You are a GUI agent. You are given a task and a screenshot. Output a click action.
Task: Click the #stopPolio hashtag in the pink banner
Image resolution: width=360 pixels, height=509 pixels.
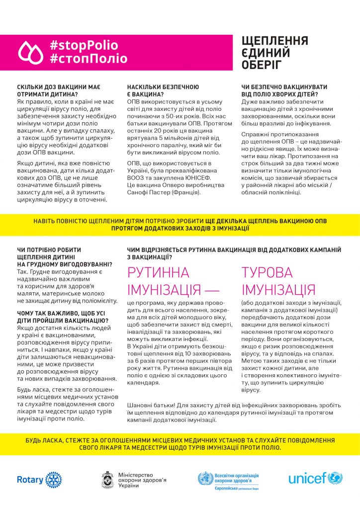coord(84,45)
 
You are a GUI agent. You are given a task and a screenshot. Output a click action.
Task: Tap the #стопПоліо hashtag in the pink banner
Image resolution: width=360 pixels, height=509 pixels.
coord(88,58)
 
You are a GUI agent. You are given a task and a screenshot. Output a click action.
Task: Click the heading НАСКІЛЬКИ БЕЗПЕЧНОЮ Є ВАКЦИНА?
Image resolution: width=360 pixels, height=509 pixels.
coord(156,90)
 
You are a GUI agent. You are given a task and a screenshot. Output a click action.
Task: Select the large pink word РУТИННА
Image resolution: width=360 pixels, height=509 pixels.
coord(159,273)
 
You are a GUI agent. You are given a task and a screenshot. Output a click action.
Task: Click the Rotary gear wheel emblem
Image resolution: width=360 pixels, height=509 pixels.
coord(54,480)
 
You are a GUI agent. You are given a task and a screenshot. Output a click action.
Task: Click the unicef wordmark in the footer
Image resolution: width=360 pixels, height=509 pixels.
coord(308,479)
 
